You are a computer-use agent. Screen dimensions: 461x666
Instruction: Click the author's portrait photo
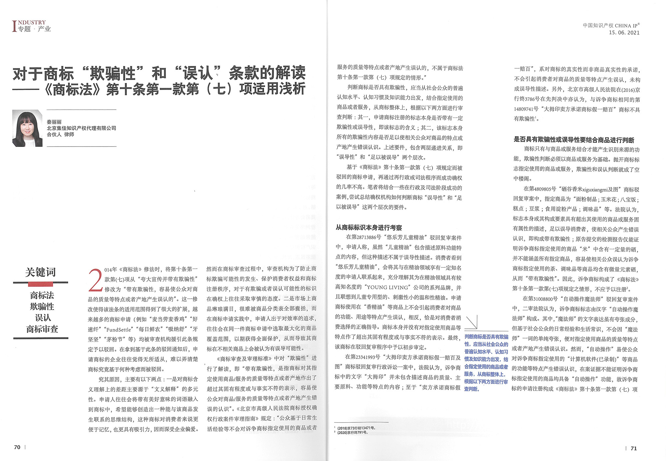coord(27,128)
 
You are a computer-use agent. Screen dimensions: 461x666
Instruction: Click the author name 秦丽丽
coord(54,122)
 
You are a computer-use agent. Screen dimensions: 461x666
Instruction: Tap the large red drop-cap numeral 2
coord(95,280)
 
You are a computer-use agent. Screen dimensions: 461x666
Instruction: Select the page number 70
coord(17,447)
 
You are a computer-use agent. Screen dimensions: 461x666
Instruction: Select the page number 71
coord(633,448)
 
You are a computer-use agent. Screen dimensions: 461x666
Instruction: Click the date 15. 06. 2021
coord(624,33)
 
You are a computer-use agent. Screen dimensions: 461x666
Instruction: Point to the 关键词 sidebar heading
coord(41,272)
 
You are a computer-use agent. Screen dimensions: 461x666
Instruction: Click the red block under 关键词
coord(41,284)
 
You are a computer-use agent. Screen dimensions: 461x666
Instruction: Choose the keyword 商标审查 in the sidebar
coord(42,329)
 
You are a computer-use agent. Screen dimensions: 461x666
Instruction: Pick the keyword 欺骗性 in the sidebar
coord(42,306)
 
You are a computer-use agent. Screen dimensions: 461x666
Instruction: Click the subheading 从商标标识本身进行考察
coord(369,228)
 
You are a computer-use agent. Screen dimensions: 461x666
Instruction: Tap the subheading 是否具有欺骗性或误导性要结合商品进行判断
coord(574,140)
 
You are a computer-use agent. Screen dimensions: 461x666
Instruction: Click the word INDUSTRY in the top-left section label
coord(32,22)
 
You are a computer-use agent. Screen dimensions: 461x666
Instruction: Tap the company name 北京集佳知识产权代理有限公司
coord(81,128)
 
